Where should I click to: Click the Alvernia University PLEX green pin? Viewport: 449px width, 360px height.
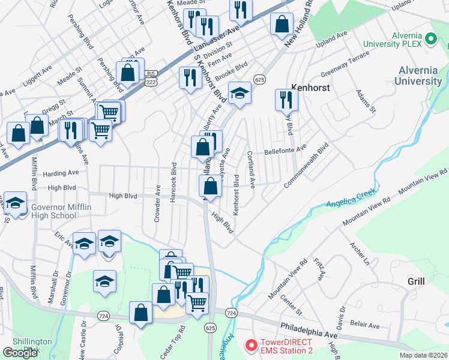point(430,40)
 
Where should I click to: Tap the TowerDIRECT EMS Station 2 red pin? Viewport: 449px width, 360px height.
point(251,346)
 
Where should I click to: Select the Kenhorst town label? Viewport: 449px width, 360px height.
point(312,86)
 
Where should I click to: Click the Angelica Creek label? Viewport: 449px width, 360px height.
point(351,198)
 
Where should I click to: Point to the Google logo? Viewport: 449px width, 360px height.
point(20,352)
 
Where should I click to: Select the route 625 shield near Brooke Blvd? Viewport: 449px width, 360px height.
point(259,79)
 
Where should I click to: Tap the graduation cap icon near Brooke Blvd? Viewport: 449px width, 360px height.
point(240,93)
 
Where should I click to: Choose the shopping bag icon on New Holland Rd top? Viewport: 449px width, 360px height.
point(282,24)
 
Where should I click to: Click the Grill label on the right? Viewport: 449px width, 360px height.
point(416,281)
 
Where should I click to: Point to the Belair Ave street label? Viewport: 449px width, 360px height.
point(365,325)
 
